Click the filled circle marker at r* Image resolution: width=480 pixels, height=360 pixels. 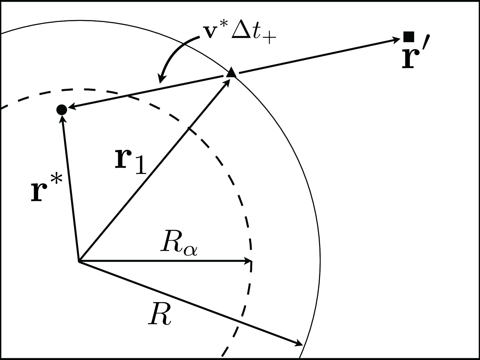61,109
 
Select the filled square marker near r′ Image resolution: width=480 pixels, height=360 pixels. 409,36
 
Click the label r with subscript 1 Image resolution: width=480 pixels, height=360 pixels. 131,162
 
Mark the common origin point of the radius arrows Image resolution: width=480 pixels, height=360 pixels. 78,261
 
